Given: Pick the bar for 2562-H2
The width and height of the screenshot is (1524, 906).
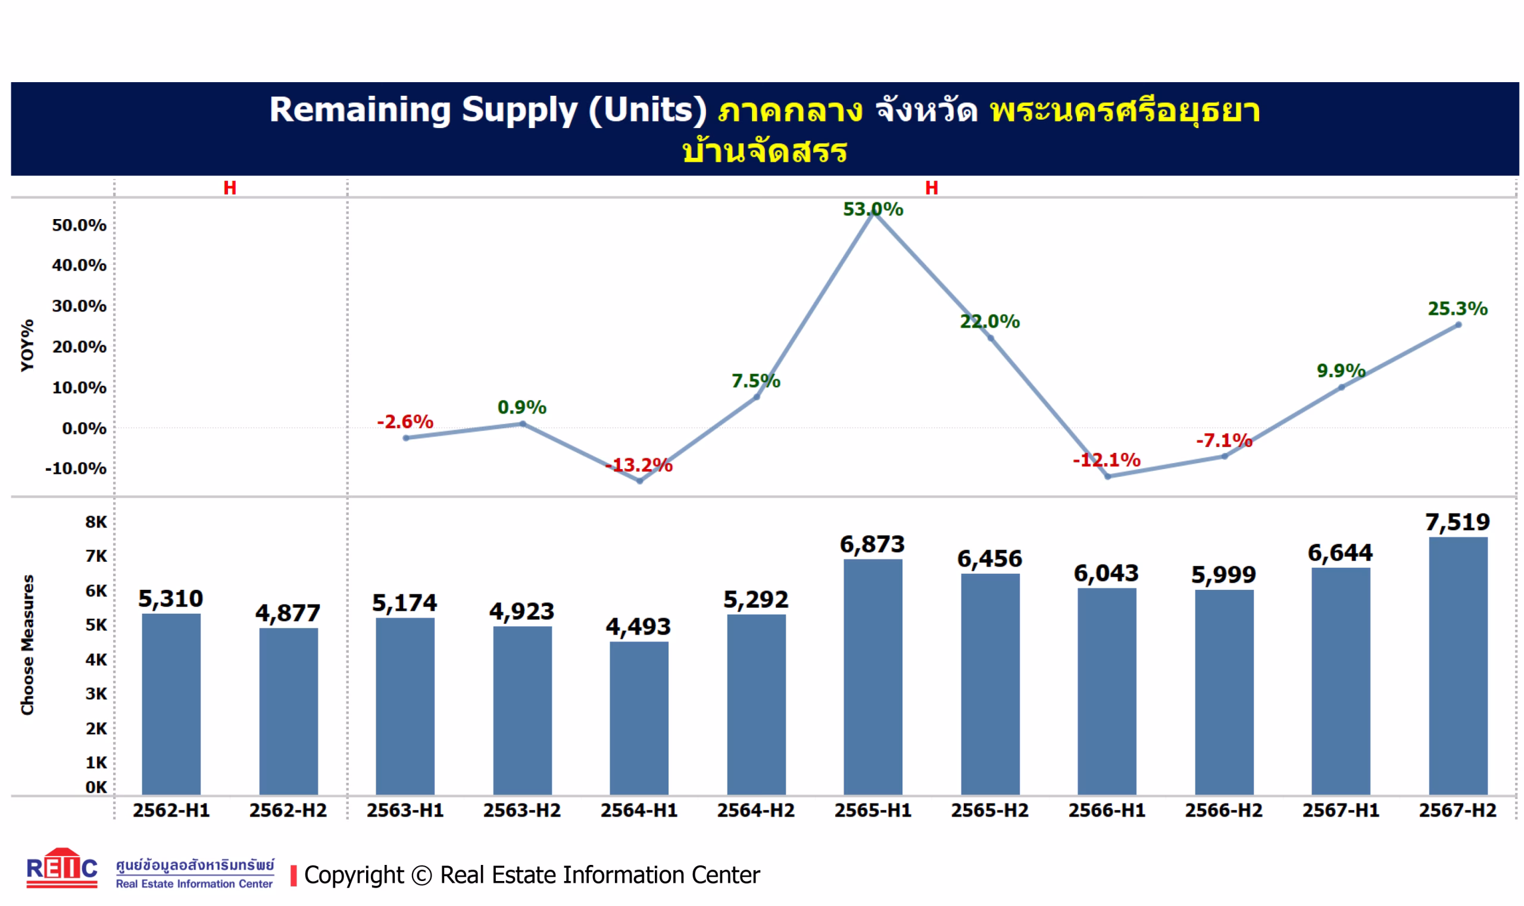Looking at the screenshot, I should click(x=288, y=711).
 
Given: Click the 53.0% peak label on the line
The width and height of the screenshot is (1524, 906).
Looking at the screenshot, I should click(x=873, y=210).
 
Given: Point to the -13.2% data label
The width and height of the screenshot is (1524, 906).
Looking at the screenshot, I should click(x=639, y=466).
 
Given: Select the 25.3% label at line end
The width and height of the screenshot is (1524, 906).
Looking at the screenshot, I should click(x=1457, y=309).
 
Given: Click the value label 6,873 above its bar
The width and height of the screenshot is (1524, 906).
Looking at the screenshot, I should click(x=872, y=544).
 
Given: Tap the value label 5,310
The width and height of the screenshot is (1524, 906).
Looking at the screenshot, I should click(x=170, y=598).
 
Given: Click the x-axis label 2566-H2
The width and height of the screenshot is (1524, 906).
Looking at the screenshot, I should click(x=1223, y=810).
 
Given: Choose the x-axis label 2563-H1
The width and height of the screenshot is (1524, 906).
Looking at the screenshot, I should click(x=405, y=810).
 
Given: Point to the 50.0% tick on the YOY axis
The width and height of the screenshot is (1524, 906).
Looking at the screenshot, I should click(x=79, y=225).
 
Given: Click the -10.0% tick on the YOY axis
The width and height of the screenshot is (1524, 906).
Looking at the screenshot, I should click(x=76, y=468).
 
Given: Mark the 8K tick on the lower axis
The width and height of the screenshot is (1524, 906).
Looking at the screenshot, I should click(x=96, y=522).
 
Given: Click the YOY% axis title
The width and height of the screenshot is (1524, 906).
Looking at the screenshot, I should click(x=27, y=345).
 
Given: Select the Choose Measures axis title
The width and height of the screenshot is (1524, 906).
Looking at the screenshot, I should click(x=27, y=645).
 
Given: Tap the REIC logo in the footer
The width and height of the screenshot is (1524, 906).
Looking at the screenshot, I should click(x=62, y=867).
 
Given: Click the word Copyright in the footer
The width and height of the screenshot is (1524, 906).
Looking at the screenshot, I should click(x=354, y=875).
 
